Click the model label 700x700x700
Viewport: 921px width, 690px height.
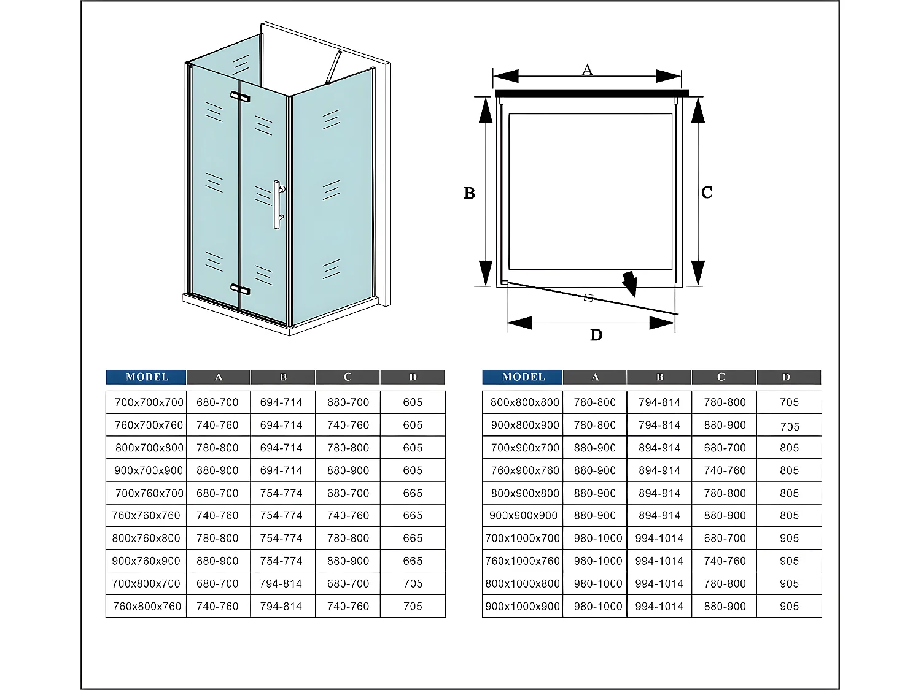[x=149, y=402]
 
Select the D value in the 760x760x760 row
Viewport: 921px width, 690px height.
[x=413, y=516]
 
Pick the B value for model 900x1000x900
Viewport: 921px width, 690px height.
[x=659, y=607]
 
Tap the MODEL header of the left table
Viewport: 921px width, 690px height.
[x=147, y=377]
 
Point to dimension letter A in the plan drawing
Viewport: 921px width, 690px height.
[x=587, y=70]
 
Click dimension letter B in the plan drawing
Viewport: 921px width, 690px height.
[x=470, y=193]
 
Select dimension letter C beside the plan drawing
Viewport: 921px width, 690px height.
[x=707, y=193]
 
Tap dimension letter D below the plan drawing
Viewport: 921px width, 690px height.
[x=596, y=335]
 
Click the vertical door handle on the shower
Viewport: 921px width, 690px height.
[x=277, y=205]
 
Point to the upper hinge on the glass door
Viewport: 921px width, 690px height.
[x=240, y=96]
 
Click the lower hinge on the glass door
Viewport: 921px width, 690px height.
[x=240, y=288]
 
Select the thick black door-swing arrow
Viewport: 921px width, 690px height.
[x=629, y=283]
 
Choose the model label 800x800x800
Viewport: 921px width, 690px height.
[x=524, y=402]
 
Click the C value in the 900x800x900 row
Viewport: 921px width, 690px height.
[x=725, y=425]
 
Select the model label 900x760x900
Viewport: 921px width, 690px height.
[x=146, y=561]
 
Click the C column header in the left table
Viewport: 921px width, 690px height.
[x=348, y=377]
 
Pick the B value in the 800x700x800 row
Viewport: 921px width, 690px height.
[x=281, y=448]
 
